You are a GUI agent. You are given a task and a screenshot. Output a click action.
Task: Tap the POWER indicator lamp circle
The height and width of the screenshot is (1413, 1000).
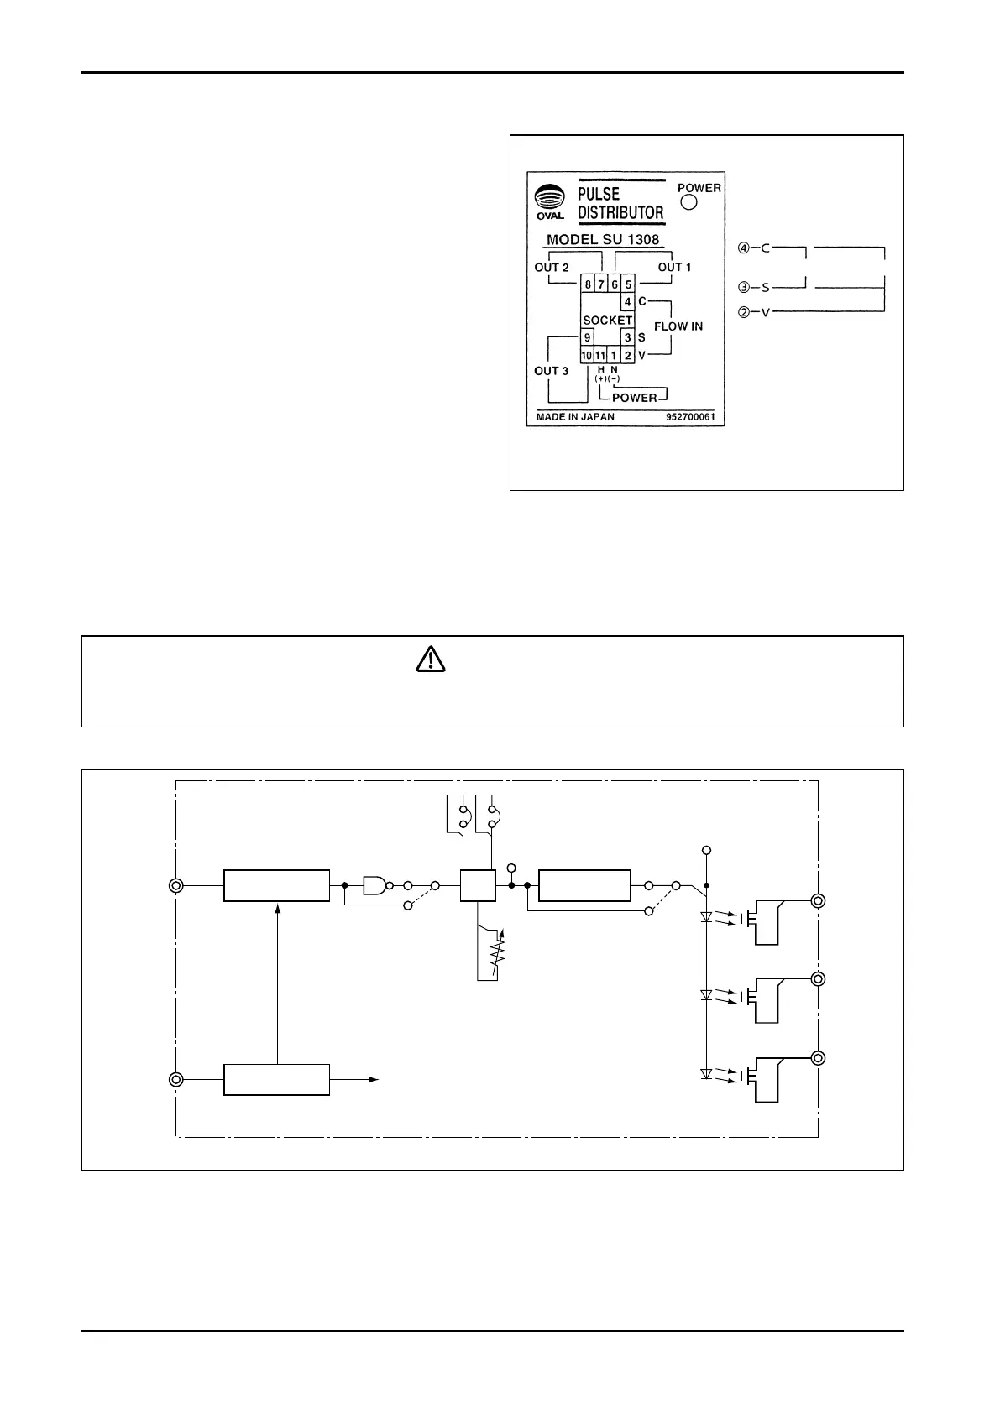click(x=689, y=202)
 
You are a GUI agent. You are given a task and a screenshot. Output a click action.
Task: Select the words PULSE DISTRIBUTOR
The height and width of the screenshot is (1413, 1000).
click(x=620, y=203)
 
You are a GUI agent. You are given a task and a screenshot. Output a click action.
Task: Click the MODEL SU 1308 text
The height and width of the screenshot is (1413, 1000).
click(x=603, y=240)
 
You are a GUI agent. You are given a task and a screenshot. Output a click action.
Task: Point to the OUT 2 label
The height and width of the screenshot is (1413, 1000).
click(x=552, y=268)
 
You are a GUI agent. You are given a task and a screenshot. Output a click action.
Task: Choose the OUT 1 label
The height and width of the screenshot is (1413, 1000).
click(x=674, y=268)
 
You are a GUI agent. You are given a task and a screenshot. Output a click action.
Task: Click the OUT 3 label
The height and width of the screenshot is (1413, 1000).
click(x=552, y=371)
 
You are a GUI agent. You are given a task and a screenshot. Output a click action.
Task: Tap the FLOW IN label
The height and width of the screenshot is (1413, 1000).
click(x=678, y=326)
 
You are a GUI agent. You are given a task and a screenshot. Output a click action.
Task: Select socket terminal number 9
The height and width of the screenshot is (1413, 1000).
click(x=588, y=337)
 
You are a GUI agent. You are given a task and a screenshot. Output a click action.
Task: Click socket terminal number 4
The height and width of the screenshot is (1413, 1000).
click(x=627, y=302)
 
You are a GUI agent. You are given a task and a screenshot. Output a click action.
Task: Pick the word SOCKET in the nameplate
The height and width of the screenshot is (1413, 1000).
click(x=608, y=321)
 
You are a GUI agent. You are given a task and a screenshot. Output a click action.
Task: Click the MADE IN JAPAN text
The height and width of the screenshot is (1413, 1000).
click(x=575, y=417)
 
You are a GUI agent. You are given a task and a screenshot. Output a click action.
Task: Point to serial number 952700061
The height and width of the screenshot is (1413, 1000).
click(x=690, y=417)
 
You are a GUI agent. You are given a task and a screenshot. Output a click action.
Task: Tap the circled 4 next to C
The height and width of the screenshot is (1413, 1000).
click(x=743, y=248)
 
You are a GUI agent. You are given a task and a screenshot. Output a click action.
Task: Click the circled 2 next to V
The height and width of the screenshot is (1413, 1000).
click(x=743, y=312)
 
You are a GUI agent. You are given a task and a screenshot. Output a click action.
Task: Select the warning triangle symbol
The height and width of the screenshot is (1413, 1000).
click(x=431, y=660)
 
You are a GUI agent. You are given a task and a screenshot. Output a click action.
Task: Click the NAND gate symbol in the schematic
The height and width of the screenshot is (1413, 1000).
click(x=374, y=885)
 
